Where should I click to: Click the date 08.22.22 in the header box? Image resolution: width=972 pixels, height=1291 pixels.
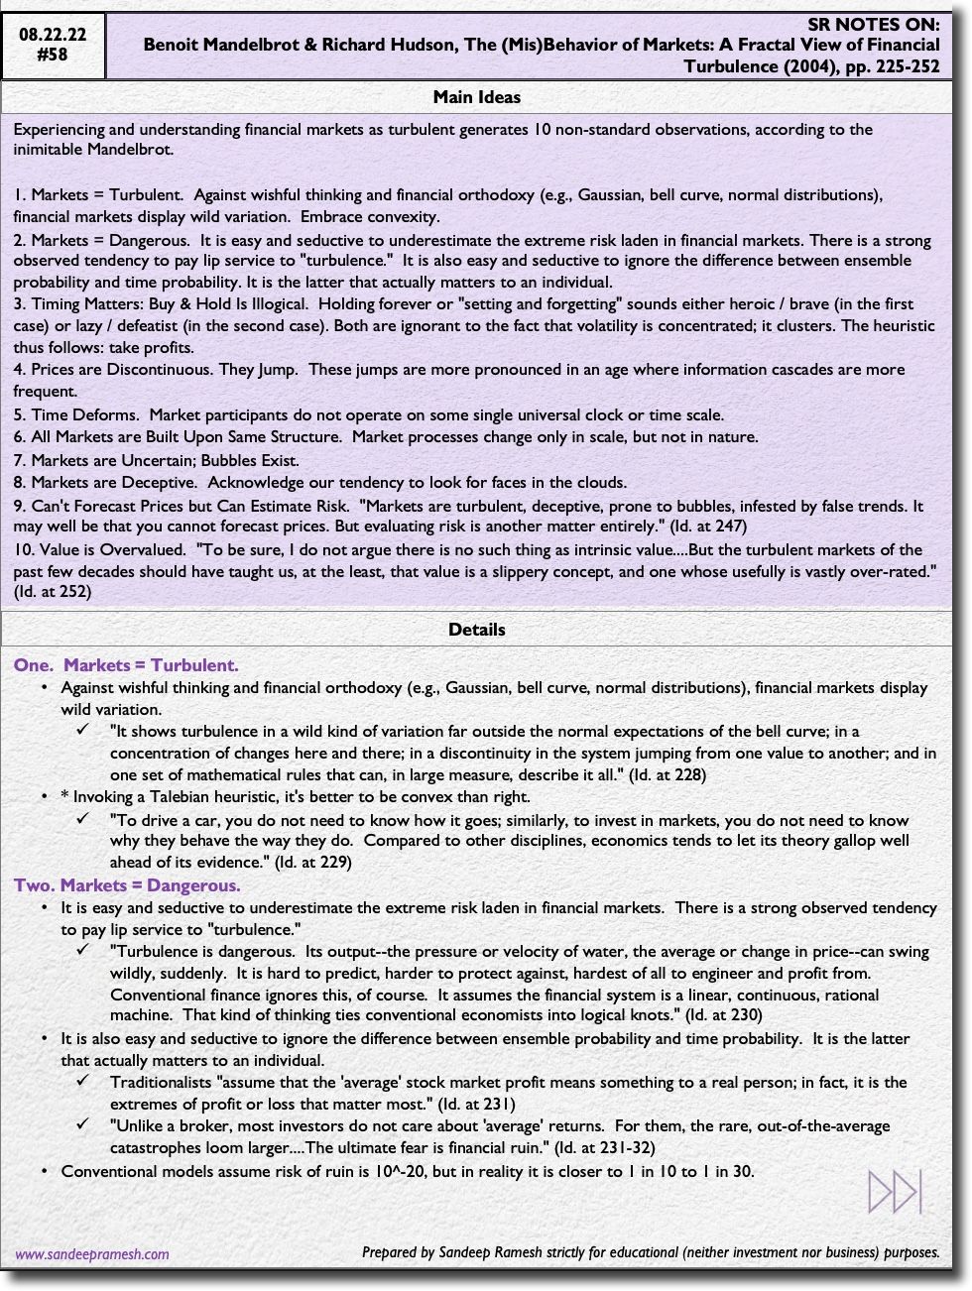pos(53,34)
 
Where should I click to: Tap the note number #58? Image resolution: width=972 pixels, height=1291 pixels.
pos(53,55)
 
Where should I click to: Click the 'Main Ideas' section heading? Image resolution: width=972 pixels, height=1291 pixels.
pos(476,97)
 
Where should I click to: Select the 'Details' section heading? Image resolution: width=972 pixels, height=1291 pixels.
pos(476,630)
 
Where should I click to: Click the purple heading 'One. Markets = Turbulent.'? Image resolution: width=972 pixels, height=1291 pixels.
pos(126,665)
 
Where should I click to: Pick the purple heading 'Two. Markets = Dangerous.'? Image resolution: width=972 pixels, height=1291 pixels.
pos(127,885)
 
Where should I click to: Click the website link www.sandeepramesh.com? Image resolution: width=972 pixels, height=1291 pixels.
pos(92,1253)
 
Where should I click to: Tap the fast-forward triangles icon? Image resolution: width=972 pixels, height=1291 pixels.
pos(895,1191)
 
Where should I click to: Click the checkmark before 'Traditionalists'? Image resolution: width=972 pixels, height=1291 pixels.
pos(84,1082)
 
